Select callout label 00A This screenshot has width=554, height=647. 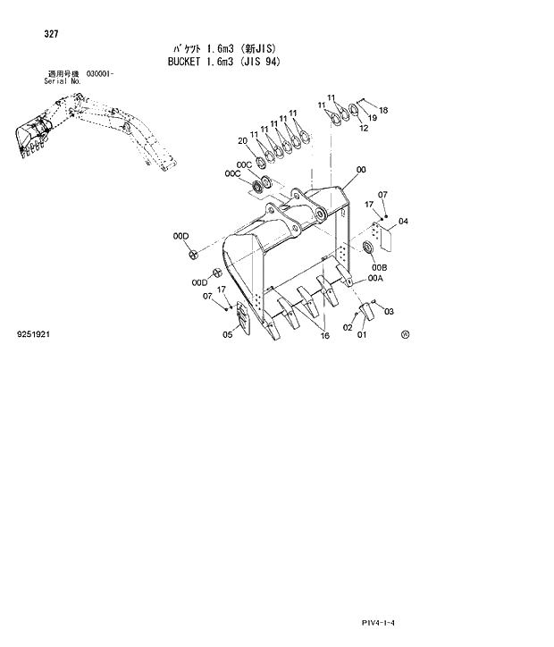tap(375, 279)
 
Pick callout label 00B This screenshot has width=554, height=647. tap(380, 267)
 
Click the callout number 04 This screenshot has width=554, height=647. tap(403, 221)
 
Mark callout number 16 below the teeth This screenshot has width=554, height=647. tap(324, 335)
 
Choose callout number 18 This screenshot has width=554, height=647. tap(382, 111)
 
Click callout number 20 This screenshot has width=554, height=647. tap(242, 140)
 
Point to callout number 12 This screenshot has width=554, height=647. tap(364, 128)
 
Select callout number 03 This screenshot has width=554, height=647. tap(389, 311)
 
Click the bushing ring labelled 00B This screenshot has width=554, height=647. tap(368, 246)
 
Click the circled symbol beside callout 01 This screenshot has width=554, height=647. tap(405, 335)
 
